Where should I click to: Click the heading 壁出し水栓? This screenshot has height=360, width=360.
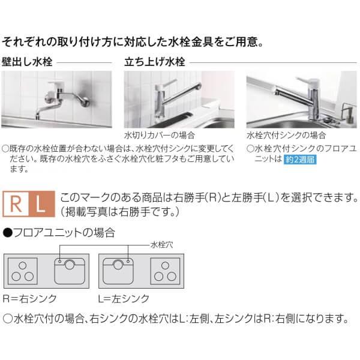[x=27, y=62]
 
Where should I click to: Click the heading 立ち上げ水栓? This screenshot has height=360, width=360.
[x=154, y=62]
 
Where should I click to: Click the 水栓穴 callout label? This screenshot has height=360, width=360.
[x=161, y=244]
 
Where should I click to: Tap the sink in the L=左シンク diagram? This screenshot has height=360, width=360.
[x=119, y=271]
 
